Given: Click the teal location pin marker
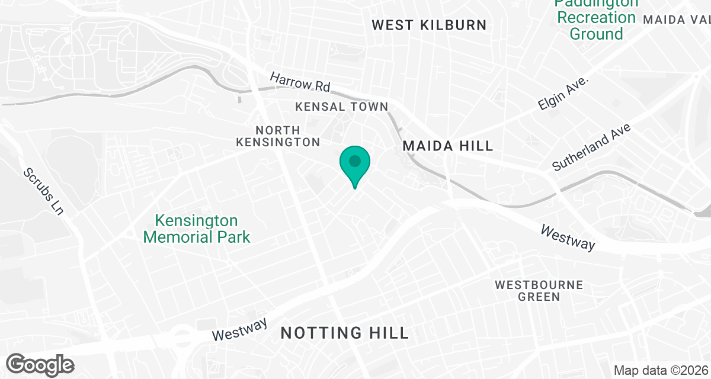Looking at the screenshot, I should (355, 166).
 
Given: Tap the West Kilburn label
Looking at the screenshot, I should (429, 25).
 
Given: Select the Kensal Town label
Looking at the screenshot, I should (342, 107).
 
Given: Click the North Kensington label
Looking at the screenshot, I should (278, 136).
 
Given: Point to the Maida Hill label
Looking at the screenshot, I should (448, 146).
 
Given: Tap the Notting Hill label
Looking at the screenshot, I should (345, 333).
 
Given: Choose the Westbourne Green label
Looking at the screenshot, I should (539, 291).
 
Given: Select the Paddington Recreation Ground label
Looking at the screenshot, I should (596, 18).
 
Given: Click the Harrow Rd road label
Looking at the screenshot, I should (300, 82).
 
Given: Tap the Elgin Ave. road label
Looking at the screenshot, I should (564, 93).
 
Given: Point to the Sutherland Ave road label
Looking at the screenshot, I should (592, 147).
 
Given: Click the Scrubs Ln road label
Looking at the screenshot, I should (43, 191).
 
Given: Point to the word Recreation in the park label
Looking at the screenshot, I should (596, 18).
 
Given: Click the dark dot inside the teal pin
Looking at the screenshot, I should (355, 160).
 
